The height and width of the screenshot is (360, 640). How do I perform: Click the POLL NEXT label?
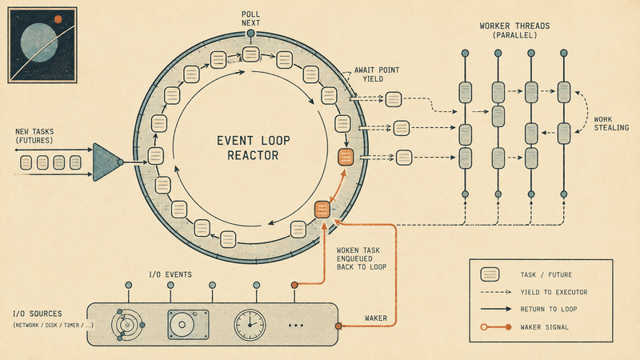click(250, 18)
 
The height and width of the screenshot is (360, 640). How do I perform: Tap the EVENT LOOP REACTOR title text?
click(253, 148)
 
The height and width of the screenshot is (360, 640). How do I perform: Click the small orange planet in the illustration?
click(58, 18)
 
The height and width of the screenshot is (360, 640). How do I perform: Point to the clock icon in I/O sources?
click(250, 325)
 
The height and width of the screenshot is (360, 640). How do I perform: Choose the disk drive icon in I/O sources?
click(188, 325)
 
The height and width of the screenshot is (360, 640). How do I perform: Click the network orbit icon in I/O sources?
click(127, 325)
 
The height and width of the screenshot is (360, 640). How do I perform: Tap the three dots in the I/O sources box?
click(295, 326)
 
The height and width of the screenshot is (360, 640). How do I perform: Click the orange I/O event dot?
click(294, 285)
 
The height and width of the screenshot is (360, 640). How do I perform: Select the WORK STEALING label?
click(611, 124)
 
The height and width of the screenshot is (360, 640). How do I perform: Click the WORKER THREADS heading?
click(514, 30)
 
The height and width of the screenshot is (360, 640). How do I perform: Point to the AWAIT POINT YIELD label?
click(376, 74)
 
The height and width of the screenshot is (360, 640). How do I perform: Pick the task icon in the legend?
click(490, 274)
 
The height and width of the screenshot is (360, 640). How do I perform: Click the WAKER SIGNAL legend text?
click(544, 327)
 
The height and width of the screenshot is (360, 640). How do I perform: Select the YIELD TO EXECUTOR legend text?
click(554, 292)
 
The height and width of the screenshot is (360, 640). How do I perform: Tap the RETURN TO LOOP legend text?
click(549, 309)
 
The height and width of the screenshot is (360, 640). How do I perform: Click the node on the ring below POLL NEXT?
click(251, 34)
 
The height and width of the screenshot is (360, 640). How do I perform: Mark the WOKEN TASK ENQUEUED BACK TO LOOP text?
click(362, 258)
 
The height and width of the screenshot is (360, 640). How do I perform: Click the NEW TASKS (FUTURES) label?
click(34, 136)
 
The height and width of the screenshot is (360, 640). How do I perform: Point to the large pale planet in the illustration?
click(39, 42)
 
